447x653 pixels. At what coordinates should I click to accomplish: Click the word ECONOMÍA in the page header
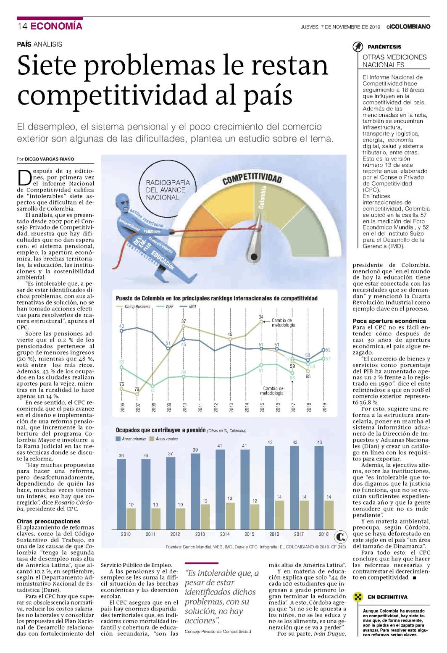pos(56,26)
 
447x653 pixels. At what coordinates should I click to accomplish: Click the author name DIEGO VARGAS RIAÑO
pos(49,159)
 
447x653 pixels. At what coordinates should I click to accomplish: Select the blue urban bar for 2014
pos(220,490)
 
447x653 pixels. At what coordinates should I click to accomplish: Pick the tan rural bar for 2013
pos(205,517)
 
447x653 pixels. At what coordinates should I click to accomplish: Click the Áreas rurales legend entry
pos(163,439)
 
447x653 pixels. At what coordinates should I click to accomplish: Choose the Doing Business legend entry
pos(134,307)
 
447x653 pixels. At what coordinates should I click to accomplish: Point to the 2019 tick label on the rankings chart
pos(324,407)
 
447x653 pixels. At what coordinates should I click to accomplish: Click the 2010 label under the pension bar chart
pos(126,534)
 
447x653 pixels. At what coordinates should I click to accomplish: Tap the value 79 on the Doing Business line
pos(137,389)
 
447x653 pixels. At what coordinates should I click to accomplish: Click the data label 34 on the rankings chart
pos(261,317)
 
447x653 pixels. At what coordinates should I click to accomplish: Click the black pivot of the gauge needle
pos(254,257)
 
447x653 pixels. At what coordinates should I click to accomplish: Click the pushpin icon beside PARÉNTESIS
pos(358,47)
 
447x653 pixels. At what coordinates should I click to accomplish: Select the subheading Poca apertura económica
pos(389,321)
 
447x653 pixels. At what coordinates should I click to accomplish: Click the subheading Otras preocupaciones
pos(48,521)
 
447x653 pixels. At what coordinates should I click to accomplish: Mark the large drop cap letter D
pos(24,177)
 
